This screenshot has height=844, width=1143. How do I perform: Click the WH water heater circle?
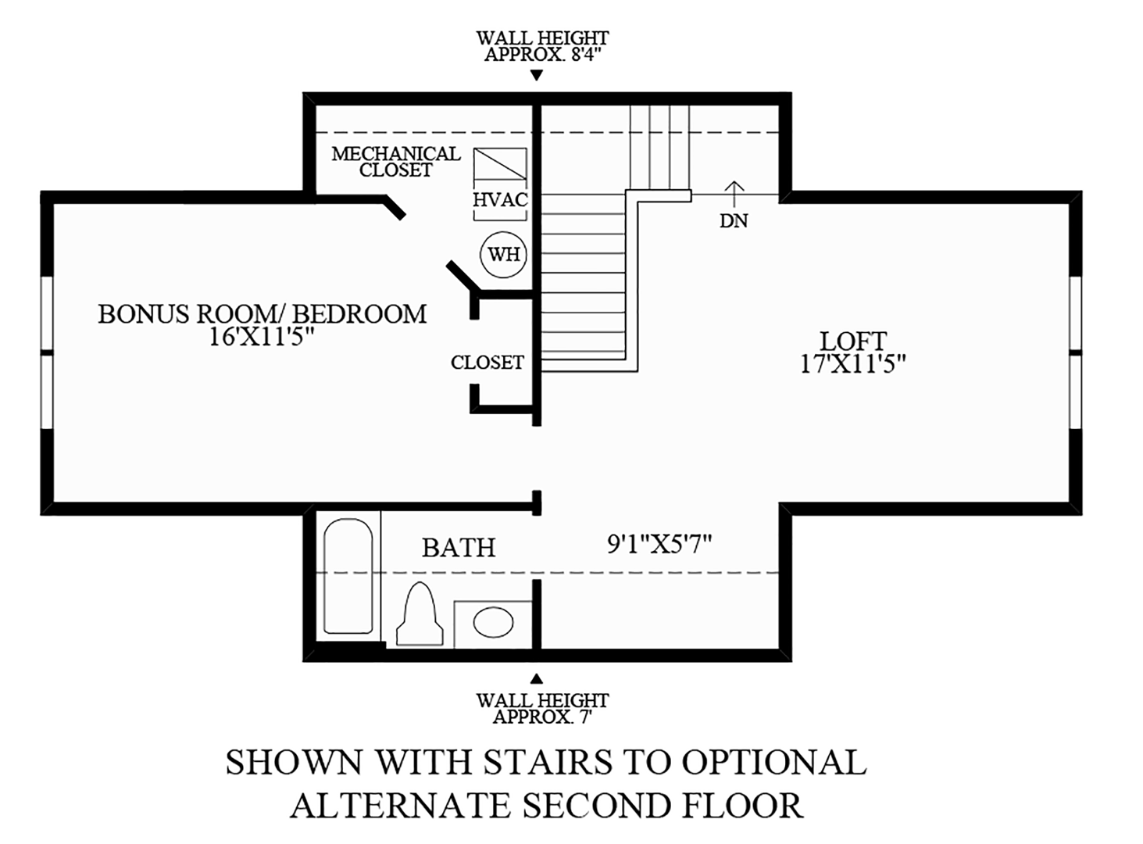click(x=503, y=254)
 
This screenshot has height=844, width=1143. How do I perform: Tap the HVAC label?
click(x=500, y=200)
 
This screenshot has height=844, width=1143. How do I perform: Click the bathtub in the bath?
click(x=348, y=576)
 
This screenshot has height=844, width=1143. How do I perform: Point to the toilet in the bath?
click(x=420, y=615)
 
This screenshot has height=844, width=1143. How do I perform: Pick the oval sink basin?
click(x=494, y=623)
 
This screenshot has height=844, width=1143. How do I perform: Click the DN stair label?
click(x=734, y=221)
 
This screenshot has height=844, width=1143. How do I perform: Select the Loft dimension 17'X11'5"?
click(x=852, y=363)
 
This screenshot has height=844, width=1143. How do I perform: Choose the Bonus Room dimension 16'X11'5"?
click(x=262, y=336)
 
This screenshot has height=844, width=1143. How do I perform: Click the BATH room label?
click(x=459, y=548)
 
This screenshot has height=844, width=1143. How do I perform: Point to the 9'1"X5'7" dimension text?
click(x=659, y=544)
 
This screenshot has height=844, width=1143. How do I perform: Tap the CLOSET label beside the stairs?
click(x=487, y=363)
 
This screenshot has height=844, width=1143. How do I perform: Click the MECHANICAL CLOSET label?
click(x=396, y=162)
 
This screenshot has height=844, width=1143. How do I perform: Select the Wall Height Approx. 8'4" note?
click(x=542, y=46)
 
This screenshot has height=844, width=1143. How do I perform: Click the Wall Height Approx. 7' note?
click(x=542, y=708)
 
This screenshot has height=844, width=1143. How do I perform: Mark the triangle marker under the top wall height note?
click(x=536, y=76)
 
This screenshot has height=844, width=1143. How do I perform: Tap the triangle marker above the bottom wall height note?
click(x=536, y=678)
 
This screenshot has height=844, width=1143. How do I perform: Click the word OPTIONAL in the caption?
click(x=773, y=762)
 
